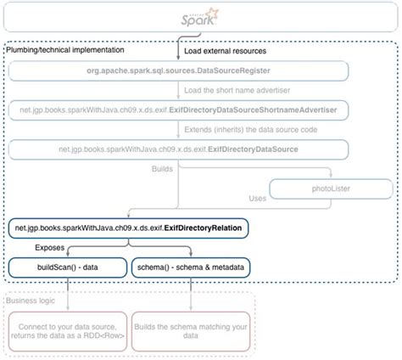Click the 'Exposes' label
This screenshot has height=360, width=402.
(48, 248)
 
